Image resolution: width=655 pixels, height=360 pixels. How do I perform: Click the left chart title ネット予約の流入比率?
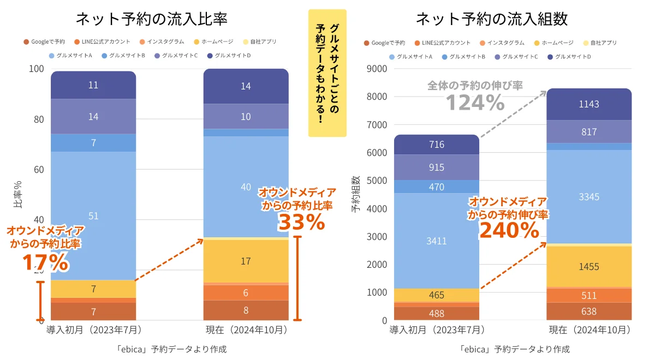click(x=151, y=19)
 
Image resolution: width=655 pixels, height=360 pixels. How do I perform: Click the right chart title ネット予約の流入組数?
click(x=491, y=19)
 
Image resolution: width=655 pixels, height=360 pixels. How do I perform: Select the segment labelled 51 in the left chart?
click(x=93, y=215)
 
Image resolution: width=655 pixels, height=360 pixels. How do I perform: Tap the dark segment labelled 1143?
click(x=589, y=104)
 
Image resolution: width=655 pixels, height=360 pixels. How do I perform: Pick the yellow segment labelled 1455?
click(x=589, y=267)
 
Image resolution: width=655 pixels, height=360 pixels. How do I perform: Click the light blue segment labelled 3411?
click(x=436, y=240)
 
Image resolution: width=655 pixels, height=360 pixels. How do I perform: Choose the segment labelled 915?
click(x=436, y=167)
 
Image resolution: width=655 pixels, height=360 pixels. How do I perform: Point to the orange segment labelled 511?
click(x=589, y=296)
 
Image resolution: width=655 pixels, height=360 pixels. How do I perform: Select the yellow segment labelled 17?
click(x=246, y=261)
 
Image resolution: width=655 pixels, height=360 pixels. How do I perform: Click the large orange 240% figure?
click(x=509, y=231)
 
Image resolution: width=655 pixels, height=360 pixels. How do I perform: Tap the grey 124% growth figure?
click(x=475, y=102)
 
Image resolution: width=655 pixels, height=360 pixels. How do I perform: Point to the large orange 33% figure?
click(x=301, y=222)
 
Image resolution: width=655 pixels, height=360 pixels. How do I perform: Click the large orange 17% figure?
click(x=45, y=262)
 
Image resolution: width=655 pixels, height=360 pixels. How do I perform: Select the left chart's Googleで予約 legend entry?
click(x=45, y=41)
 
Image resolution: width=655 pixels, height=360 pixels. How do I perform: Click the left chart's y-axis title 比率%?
click(x=17, y=195)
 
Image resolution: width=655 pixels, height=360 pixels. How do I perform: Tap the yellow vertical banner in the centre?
click(x=327, y=73)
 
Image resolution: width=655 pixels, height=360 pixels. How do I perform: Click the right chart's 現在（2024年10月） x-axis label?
click(x=589, y=331)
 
